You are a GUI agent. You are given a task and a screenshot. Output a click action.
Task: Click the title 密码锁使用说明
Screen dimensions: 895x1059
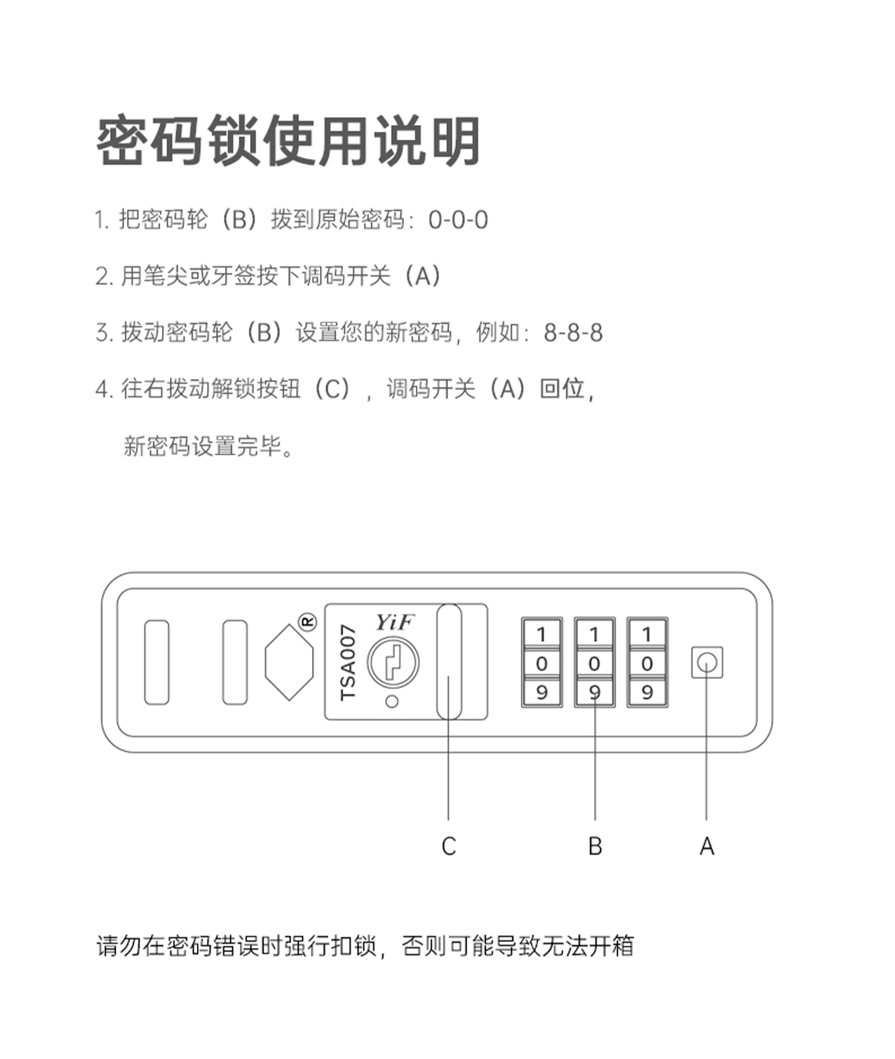(x=288, y=141)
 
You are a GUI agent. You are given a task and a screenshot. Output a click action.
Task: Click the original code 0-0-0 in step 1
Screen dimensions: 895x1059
(x=458, y=220)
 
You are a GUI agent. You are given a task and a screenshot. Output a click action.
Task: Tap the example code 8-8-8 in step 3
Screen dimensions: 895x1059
(x=573, y=333)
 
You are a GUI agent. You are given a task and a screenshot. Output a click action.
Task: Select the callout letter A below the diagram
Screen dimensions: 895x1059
(x=706, y=846)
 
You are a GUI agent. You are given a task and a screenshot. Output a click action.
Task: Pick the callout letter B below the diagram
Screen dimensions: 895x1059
(x=595, y=846)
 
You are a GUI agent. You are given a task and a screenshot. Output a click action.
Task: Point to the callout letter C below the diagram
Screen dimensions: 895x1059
(x=449, y=846)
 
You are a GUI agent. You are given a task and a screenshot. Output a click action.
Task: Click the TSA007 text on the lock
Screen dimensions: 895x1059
(x=348, y=663)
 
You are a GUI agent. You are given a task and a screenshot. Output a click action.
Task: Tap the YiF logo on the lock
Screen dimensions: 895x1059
(x=394, y=623)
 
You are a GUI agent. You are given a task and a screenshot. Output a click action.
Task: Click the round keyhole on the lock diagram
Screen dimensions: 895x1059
(x=393, y=662)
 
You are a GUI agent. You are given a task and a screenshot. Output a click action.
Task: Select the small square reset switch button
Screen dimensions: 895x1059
(x=707, y=663)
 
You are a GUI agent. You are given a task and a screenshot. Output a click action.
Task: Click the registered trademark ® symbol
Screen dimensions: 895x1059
(x=307, y=622)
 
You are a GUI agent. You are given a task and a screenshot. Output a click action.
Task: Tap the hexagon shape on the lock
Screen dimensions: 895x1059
(x=289, y=663)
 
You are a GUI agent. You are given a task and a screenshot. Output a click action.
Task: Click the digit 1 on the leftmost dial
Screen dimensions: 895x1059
(x=542, y=634)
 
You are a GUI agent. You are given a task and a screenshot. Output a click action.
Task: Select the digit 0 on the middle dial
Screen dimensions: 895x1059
(x=594, y=663)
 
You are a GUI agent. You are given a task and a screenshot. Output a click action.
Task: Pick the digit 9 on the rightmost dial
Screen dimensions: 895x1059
(x=647, y=692)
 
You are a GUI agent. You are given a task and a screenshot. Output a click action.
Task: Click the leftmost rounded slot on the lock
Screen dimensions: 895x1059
(x=157, y=662)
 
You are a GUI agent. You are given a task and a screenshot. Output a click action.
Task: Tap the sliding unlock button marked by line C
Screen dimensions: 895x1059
(x=449, y=661)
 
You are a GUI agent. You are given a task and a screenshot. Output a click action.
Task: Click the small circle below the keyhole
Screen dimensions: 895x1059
(x=392, y=702)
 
